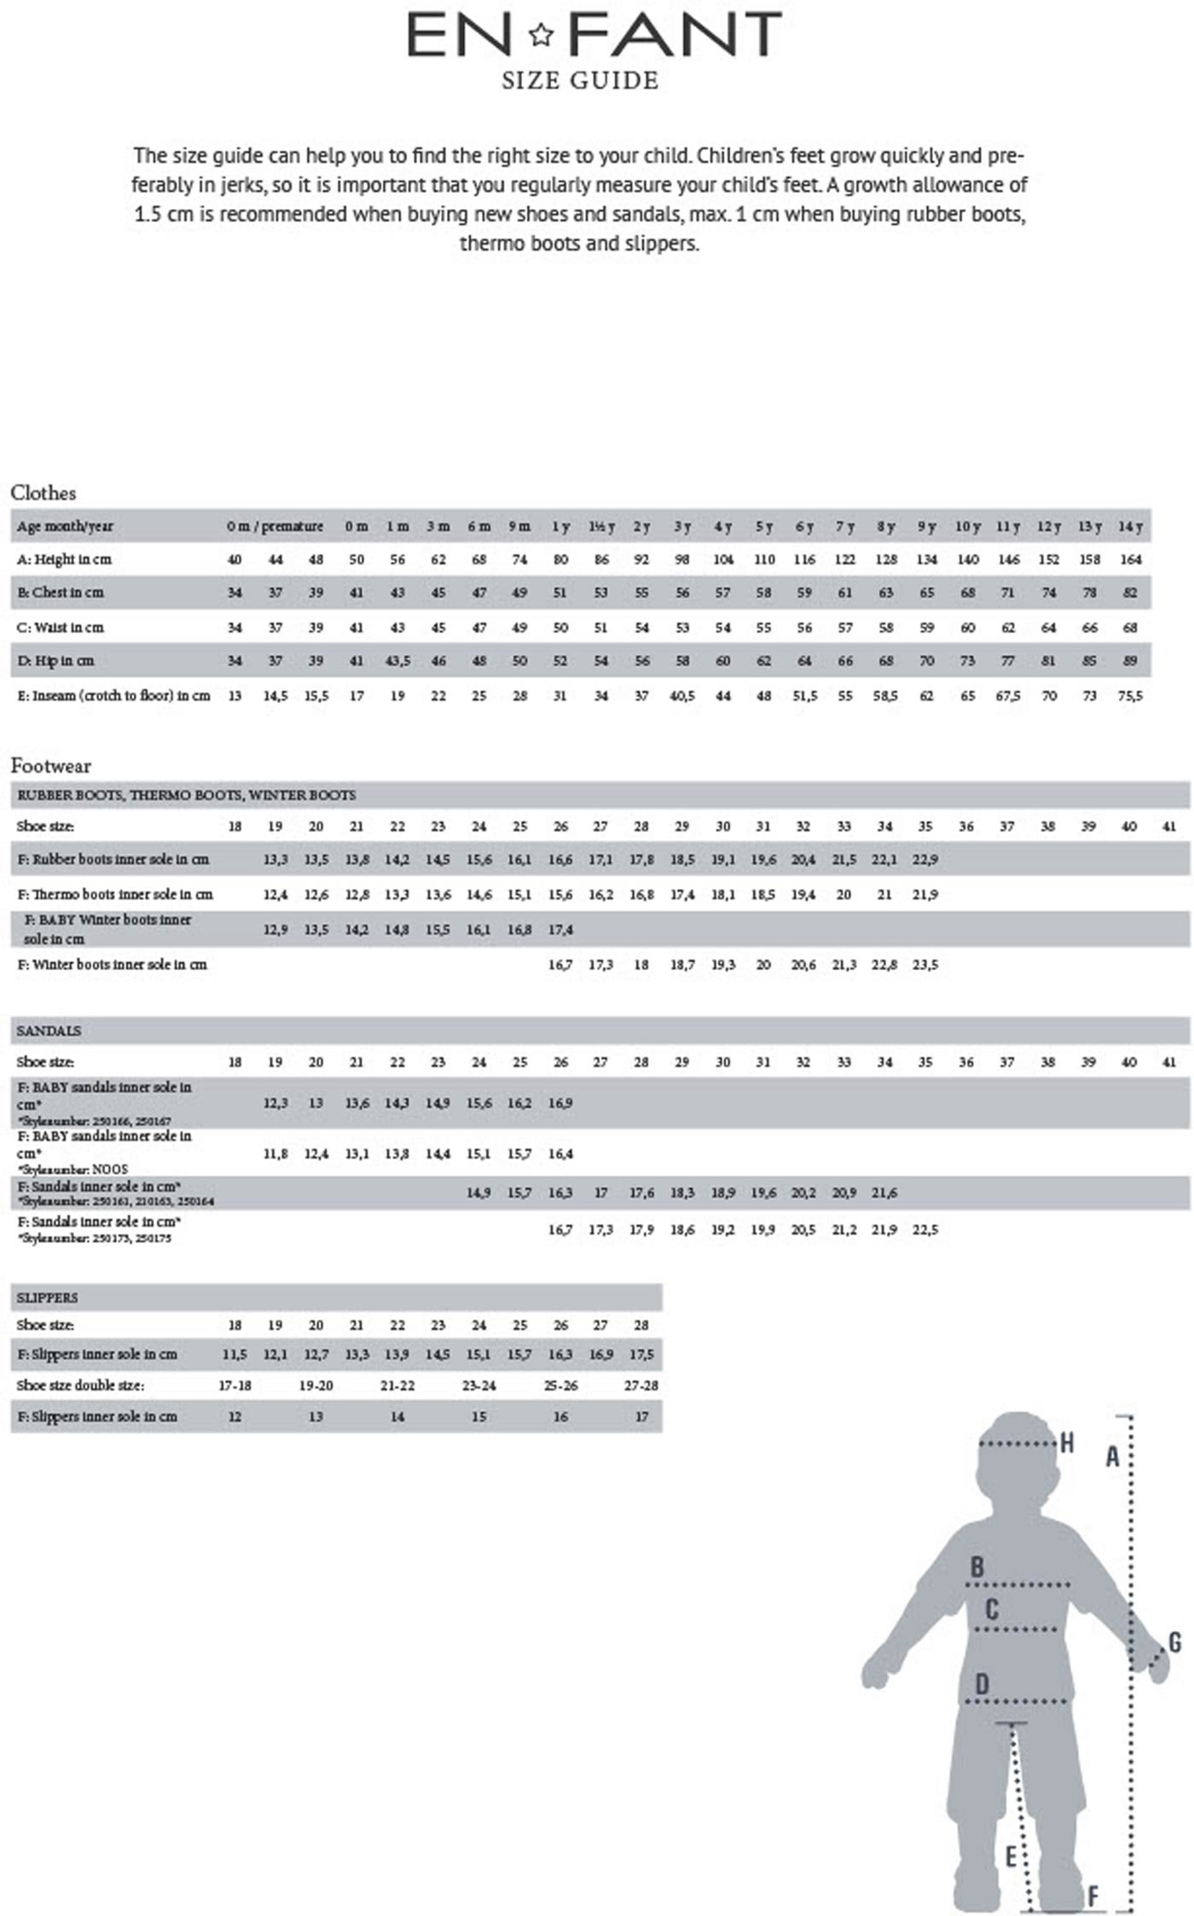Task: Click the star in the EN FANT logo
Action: [541, 35]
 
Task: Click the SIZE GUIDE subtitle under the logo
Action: [580, 81]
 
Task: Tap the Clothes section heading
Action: [43, 492]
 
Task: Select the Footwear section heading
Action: [50, 765]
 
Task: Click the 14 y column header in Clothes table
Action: [1130, 526]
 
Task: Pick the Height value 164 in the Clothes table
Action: [1130, 560]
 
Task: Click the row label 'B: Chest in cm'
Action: [60, 593]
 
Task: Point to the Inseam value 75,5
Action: [1130, 696]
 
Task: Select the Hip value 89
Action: [1130, 661]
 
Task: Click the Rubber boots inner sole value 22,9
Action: [925, 860]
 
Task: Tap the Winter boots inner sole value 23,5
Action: [925, 965]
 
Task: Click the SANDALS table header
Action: [49, 1031]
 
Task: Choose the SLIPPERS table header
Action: [47, 1298]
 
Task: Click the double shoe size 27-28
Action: [641, 1385]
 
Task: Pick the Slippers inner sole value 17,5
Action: [641, 1355]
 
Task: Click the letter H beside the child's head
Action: [1066, 1443]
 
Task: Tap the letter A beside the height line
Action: [1112, 1457]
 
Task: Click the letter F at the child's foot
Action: [1093, 1896]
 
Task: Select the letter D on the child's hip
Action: [982, 1684]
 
